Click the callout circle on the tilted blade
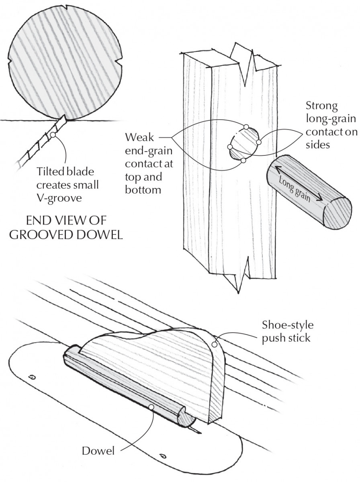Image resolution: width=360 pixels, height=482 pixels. pos(52,136)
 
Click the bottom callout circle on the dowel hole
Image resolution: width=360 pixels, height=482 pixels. pos(243,161)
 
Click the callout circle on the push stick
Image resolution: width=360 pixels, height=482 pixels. pos(215,344)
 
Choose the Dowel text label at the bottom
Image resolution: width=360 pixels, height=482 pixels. pos(98,451)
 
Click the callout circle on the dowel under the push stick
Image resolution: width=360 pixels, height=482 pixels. pos(151,406)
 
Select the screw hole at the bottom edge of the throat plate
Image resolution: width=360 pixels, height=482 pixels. pos(163,455)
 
